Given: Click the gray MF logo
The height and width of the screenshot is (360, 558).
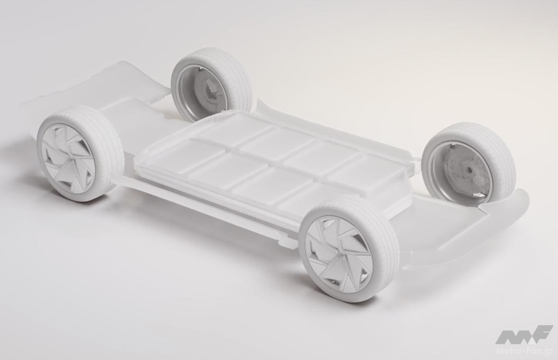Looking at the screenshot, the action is (x=523, y=335).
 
